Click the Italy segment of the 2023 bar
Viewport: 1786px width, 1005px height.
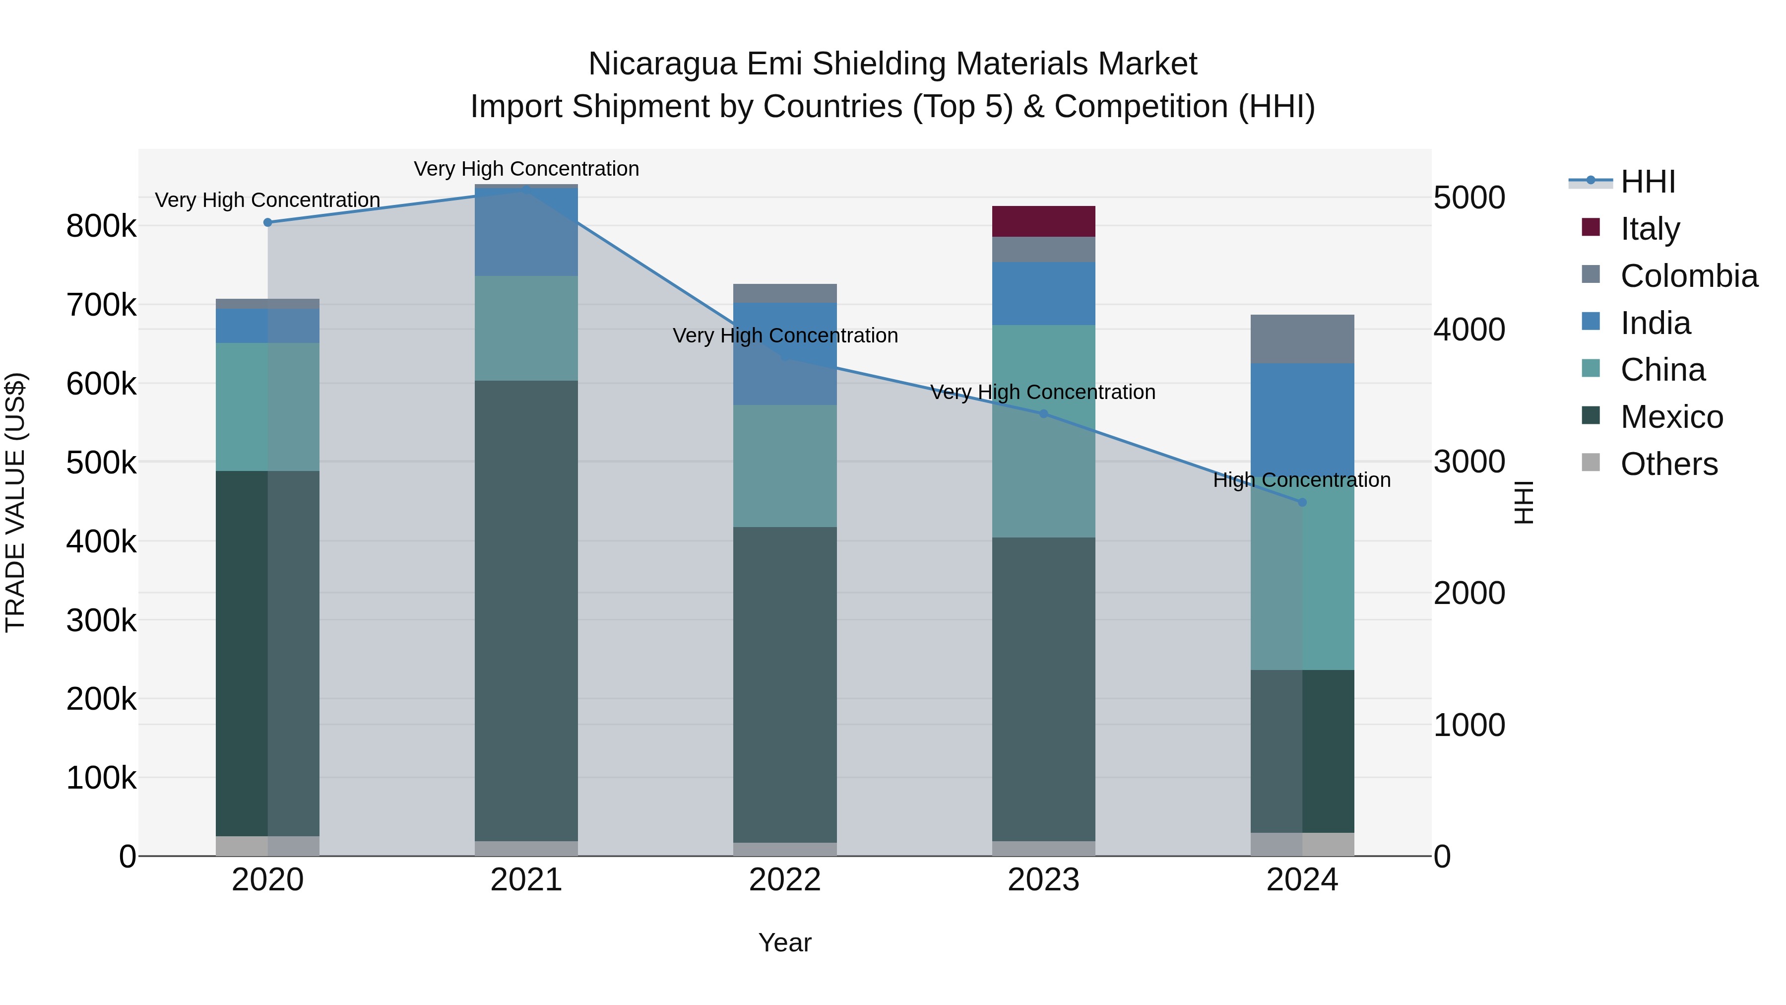1043,221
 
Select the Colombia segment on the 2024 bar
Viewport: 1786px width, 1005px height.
1302,339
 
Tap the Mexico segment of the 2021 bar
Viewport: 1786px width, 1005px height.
526,610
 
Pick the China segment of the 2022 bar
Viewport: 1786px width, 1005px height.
785,466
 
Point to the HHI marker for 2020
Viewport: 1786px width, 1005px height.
267,223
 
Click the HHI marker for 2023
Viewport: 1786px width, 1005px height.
1043,414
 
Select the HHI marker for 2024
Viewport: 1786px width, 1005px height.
1302,502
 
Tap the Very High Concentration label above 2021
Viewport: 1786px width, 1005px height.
526,169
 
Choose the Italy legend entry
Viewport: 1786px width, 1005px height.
1650,229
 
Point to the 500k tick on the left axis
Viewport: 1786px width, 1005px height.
101,463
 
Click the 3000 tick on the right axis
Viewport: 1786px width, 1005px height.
1469,462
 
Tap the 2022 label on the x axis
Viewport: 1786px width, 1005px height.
785,880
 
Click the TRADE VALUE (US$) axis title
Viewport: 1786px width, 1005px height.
15,502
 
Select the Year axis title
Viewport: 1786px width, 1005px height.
785,942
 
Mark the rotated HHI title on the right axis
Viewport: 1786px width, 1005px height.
1523,502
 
